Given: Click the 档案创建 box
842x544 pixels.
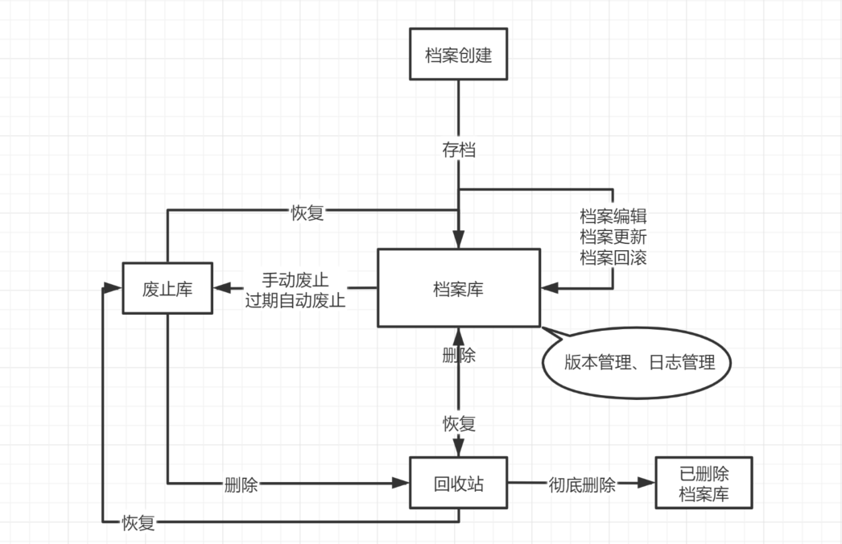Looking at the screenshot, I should point(458,55).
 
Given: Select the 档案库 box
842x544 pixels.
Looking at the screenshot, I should point(458,288).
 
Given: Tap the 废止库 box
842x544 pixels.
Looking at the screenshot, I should point(167,288).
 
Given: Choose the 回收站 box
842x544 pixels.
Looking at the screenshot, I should point(458,484).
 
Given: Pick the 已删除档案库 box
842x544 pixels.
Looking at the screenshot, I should point(704,484).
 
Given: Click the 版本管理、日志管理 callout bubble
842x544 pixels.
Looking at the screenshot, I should point(639,363).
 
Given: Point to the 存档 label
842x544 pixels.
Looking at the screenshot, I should point(458,150).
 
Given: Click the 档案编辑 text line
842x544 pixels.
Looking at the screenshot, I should point(613,217).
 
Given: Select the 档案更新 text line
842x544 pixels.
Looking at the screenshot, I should point(613,238).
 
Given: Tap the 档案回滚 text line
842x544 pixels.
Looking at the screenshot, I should point(613,258).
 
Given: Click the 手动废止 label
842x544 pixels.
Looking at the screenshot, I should point(295,280).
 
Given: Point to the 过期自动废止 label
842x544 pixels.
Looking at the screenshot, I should point(295,301).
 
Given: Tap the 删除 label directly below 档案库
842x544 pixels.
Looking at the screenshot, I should point(458,356).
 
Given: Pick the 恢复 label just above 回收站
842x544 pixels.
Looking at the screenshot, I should point(458,423).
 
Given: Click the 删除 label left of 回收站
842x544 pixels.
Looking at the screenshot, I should point(241,485).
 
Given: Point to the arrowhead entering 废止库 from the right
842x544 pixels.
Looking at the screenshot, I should point(221,288).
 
